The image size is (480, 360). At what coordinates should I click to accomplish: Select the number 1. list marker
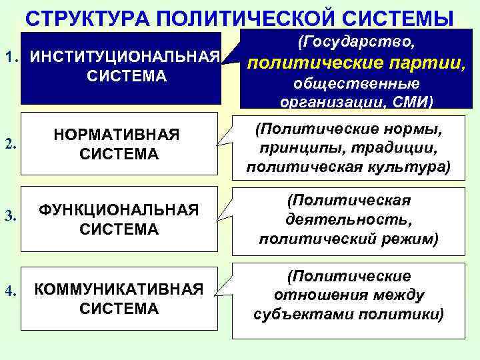click(x=11, y=56)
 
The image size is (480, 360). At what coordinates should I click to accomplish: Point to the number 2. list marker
click(x=10, y=145)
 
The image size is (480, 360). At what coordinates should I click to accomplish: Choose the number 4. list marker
click(x=10, y=290)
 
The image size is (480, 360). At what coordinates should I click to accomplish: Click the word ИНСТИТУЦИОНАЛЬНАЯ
click(x=126, y=56)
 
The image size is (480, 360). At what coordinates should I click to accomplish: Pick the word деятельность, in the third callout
click(x=347, y=219)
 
